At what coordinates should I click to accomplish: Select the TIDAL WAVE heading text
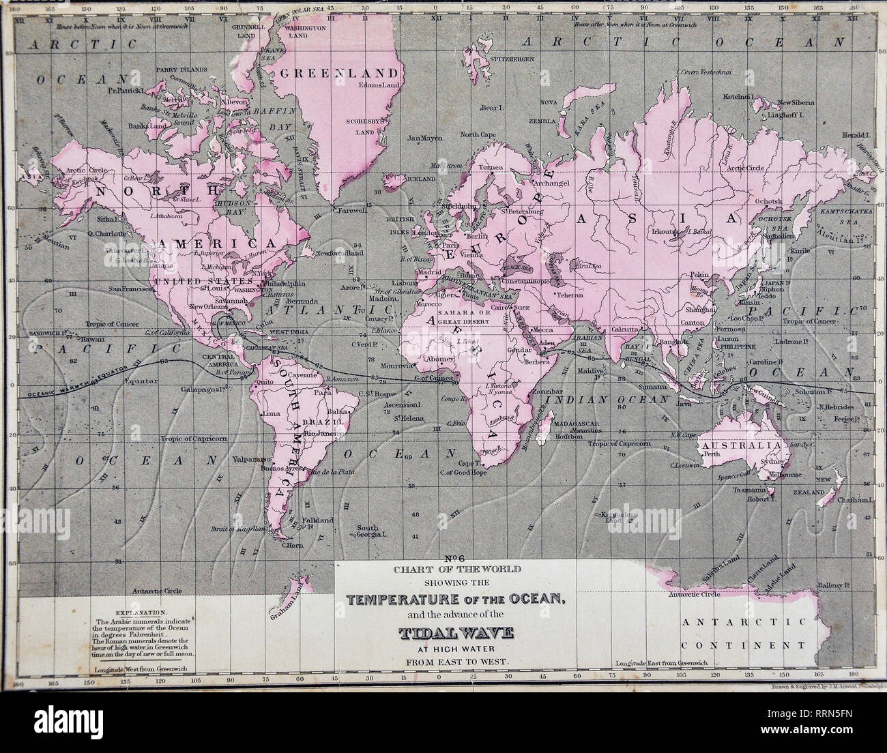coord(456,636)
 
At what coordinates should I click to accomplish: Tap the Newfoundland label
coord(340,253)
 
